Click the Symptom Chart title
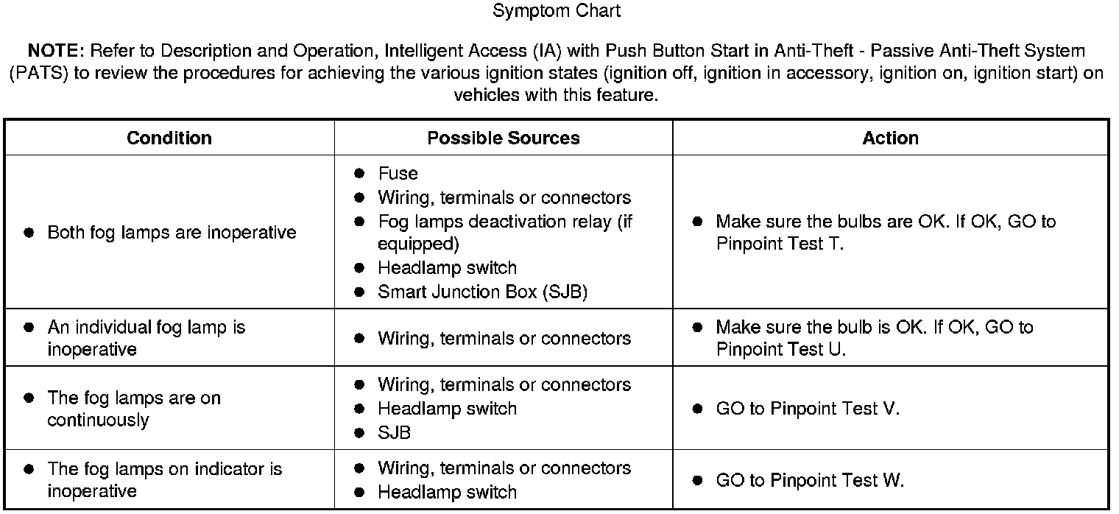click(557, 11)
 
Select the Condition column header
click(169, 138)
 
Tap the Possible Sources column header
click(504, 138)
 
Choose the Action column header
click(890, 138)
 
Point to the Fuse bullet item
click(398, 174)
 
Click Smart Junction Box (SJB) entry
click(482, 292)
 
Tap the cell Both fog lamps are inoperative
click(172, 233)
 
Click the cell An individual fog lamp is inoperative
click(146, 338)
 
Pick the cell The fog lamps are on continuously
click(134, 409)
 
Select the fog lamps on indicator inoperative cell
click(164, 480)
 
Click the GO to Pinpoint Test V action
click(807, 409)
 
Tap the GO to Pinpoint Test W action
click(809, 481)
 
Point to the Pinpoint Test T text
click(779, 244)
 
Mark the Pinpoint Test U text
click(780, 349)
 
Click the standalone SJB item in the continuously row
click(394, 432)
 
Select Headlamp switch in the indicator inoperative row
click(447, 492)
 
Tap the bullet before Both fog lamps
click(29, 233)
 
